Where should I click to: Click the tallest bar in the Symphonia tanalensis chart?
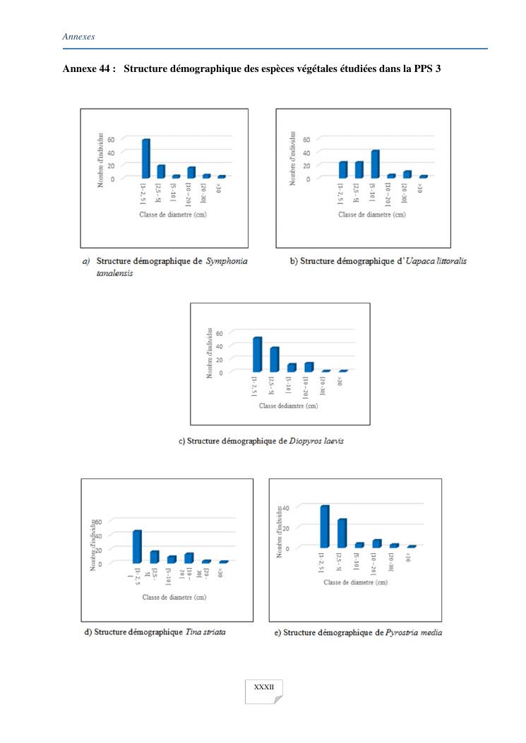pos(145,159)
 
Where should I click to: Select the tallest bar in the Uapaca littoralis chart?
pos(375,164)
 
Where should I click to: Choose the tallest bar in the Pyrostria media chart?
pos(325,526)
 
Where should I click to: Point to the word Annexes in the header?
pos(78,36)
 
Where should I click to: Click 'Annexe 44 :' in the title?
pos(90,68)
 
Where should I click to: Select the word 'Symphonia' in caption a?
pos(226,261)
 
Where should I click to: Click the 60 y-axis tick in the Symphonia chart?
pos(131,140)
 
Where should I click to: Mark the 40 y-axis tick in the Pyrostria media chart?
pos(306,508)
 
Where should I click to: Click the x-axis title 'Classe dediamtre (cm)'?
pos(288,406)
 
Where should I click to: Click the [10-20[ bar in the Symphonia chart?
pos(191,172)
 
